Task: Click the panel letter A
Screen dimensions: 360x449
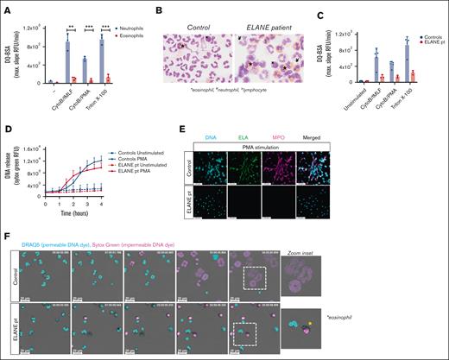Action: point(7,9)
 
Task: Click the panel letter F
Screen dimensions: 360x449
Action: point(7,235)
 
